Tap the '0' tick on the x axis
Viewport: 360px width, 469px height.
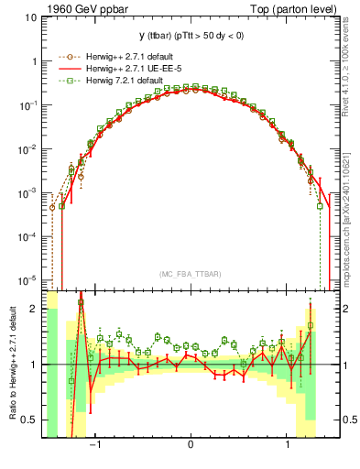pos(191,444)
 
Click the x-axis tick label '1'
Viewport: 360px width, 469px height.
pos(289,444)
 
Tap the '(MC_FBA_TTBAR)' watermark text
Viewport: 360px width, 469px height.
pos(190,272)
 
